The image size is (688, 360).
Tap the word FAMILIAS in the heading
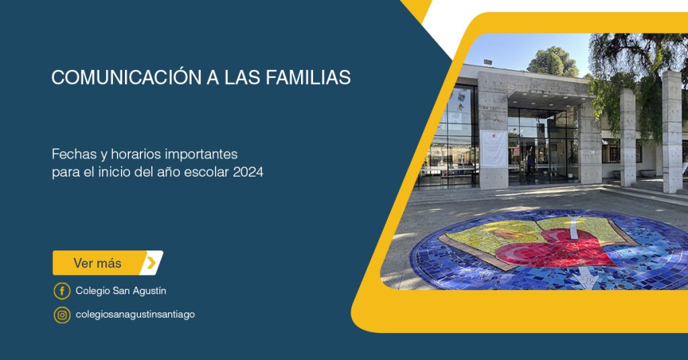coord(308,77)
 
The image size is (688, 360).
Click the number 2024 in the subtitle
coord(248,172)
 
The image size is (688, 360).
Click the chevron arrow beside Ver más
coord(151,263)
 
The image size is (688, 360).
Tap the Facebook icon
coord(62,291)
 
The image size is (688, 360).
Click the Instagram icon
coord(62,315)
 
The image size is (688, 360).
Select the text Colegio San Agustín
coord(121,291)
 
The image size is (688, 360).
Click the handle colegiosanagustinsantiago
coord(135,314)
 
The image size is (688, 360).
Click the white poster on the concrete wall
coord(494,148)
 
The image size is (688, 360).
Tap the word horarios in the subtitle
coord(136,154)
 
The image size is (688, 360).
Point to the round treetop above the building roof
coord(553,62)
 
